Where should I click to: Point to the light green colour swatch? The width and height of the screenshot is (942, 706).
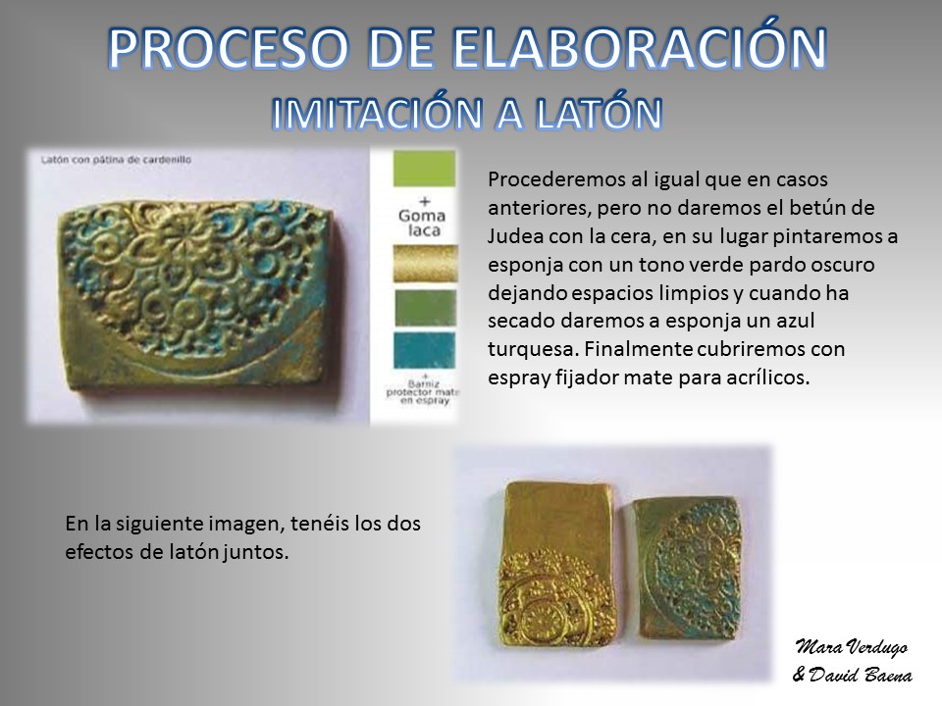click(424, 169)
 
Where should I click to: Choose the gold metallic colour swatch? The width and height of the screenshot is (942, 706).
click(425, 263)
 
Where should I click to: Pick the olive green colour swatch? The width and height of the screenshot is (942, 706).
click(425, 308)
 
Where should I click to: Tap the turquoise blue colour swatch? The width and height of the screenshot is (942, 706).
click(424, 351)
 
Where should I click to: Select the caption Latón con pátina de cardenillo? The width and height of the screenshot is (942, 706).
click(116, 160)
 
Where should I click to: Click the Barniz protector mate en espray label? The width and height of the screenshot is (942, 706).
click(423, 392)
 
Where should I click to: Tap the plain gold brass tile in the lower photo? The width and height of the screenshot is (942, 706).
click(557, 565)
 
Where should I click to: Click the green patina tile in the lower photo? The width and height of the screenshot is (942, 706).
click(689, 568)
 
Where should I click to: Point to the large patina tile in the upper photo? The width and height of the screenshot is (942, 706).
click(196, 298)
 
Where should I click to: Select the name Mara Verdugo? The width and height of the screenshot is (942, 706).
click(852, 646)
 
